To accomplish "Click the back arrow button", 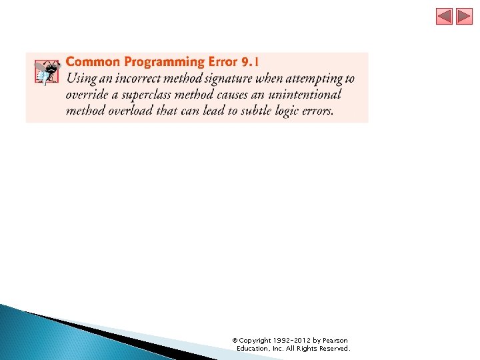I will [x=445, y=17].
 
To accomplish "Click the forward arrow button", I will [x=464, y=17].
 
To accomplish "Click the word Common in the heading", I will [x=93, y=62].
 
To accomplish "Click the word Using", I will [x=80, y=79].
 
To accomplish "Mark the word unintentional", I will [x=309, y=95].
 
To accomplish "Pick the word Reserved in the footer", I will [x=333, y=349].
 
